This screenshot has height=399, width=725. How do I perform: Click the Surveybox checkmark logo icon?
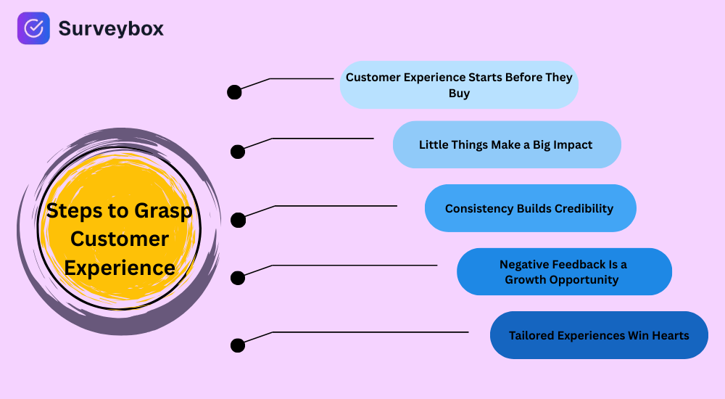tap(33, 28)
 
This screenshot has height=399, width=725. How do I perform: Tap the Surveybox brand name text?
tap(111, 28)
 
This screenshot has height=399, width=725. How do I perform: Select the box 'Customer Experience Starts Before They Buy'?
tap(459, 85)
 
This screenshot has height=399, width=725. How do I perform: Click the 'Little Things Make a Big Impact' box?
tap(507, 144)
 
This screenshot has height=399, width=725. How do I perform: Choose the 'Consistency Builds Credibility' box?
tap(530, 208)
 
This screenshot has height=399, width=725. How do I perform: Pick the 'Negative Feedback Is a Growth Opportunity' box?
tap(563, 272)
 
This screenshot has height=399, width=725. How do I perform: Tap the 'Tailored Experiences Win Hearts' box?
tap(599, 335)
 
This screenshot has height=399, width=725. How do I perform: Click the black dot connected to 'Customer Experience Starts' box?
tap(234, 92)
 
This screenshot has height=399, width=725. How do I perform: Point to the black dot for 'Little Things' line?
tap(238, 152)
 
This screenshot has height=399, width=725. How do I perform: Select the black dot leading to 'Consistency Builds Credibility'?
tap(238, 220)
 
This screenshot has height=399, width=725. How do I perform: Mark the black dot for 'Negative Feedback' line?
tap(238, 278)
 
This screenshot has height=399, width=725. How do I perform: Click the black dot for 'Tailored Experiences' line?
tap(238, 345)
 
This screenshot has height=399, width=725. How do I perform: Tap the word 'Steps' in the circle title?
tap(71, 211)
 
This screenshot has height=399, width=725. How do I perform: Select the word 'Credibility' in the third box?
tap(584, 208)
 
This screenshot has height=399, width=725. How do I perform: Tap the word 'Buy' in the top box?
tap(459, 93)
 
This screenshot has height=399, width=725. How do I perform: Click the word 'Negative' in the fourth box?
tap(524, 265)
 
